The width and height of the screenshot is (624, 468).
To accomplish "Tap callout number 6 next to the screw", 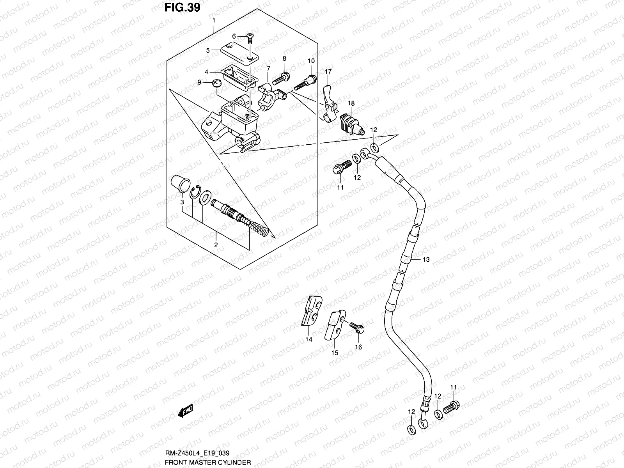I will [234, 36].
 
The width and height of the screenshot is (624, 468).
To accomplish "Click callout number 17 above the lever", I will [328, 72].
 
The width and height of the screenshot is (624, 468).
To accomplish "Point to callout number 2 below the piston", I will [216, 245].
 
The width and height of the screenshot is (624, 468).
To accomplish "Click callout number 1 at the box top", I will [214, 19].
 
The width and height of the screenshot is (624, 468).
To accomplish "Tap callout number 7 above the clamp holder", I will [268, 68].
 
